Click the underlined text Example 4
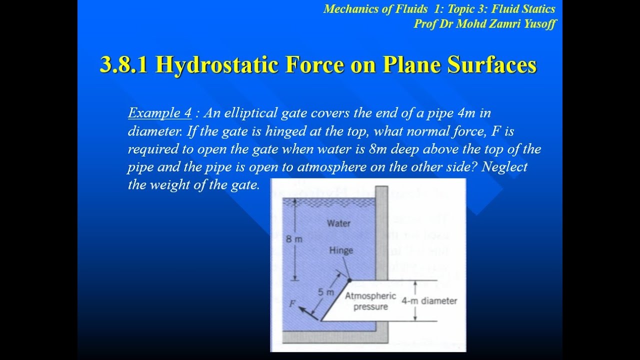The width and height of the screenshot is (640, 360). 159,113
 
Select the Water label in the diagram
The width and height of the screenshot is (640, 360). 338,223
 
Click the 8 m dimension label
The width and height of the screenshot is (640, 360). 294,239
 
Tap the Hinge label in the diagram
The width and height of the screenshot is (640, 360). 341,250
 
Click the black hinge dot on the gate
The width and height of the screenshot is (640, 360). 349,280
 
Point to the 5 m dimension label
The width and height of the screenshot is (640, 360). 326,292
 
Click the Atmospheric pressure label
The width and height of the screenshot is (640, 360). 370,301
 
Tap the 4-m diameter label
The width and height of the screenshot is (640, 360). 429,301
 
